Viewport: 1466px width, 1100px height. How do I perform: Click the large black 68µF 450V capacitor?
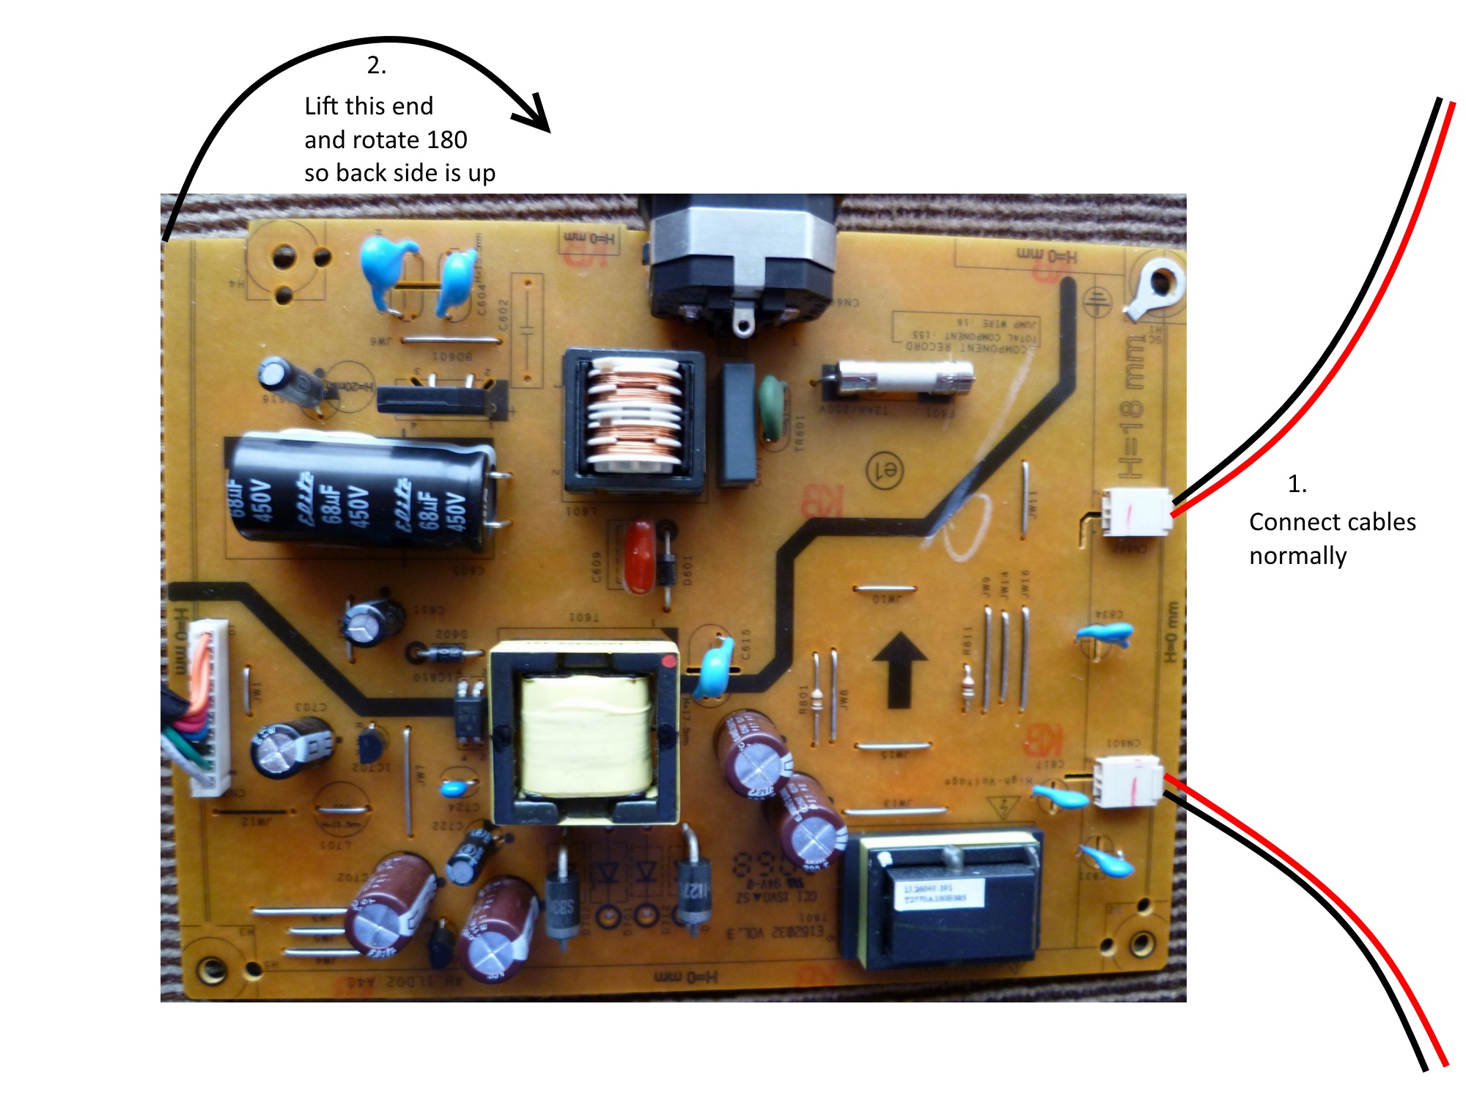click(359, 491)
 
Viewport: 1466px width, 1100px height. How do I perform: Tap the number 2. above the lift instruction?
click(376, 66)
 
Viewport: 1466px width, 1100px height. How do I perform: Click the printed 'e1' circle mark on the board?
click(885, 470)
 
